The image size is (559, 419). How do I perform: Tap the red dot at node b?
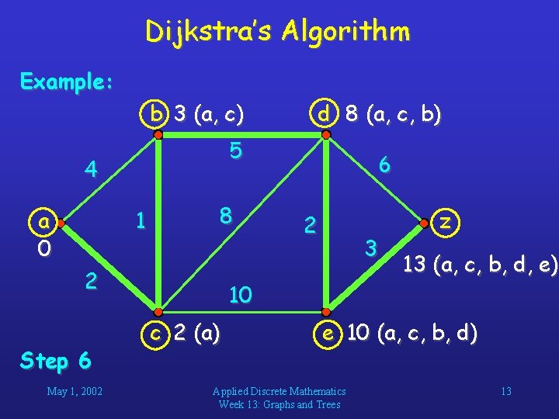158,134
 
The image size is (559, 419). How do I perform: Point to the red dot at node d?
327,134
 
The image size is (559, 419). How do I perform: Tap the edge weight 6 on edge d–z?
383,164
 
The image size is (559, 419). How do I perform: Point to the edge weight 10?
241,294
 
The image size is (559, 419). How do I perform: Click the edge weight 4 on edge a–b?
92,169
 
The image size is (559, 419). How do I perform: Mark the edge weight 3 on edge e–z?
372,248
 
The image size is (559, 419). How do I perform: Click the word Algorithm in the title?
346,32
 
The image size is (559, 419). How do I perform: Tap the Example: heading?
67,81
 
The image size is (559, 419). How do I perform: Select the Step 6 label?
56,360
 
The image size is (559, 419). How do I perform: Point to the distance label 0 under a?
45,248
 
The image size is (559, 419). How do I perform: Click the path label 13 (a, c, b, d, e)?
480,266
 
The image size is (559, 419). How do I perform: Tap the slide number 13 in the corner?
505,391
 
